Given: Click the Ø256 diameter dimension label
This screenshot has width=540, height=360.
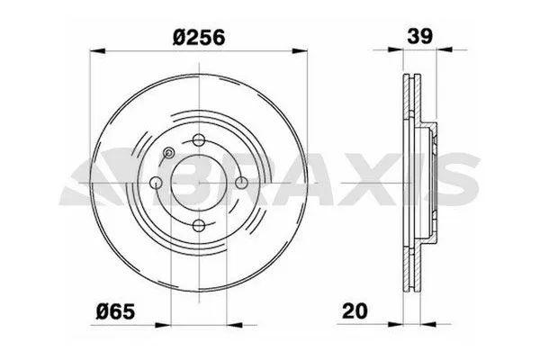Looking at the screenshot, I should coord(199,38).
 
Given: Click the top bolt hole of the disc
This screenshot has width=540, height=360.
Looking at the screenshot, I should coord(199,140).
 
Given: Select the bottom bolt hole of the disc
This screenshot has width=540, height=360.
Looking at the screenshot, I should coord(199,227).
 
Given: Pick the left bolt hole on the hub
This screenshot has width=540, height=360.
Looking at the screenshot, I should coord(157,184).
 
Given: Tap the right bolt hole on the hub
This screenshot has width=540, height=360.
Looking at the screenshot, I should coord(242,184).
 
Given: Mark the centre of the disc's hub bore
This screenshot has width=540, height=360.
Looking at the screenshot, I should coord(199,184).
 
